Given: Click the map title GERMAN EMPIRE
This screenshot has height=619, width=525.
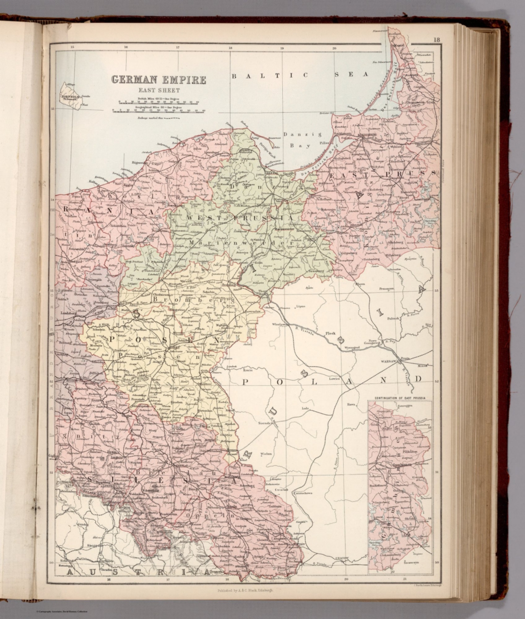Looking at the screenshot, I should coord(159,80).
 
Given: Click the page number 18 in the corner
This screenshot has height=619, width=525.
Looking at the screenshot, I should coord(436,39).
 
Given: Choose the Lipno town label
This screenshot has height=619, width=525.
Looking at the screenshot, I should coord(300,306).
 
